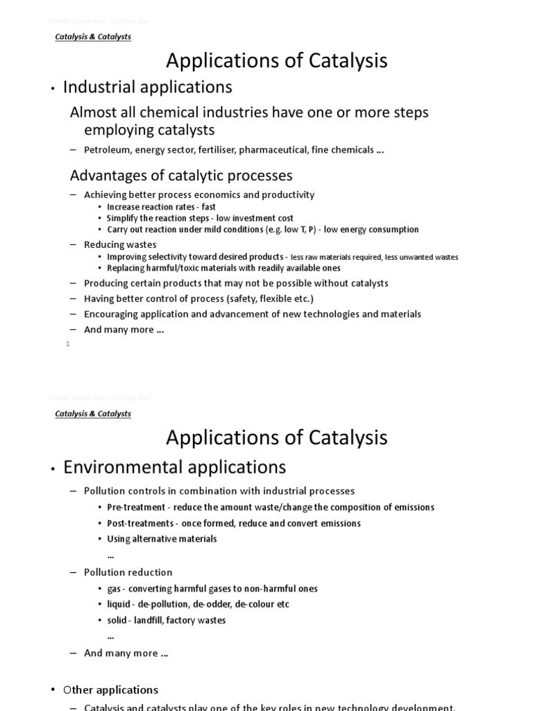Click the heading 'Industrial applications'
tap(147, 87)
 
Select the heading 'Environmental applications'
tap(174, 467)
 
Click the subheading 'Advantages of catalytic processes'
tap(181, 175)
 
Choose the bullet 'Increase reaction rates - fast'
tap(161, 207)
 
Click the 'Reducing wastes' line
tap(120, 244)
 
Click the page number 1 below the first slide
tap(68, 344)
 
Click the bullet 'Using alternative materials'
tap(162, 539)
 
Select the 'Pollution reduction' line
tap(128, 572)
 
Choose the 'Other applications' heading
tap(110, 689)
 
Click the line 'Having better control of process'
tap(198, 299)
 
